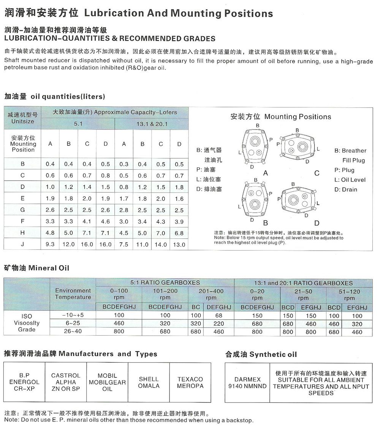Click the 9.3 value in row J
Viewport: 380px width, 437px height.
pyautogui.click(x=50, y=244)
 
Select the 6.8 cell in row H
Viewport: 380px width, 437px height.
pyautogui.click(x=179, y=233)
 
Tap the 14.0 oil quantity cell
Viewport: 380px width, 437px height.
pyautogui.click(x=161, y=245)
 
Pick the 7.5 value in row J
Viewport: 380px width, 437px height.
pyautogui.click(x=124, y=244)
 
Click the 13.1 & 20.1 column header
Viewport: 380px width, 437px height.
pyautogui.click(x=152, y=124)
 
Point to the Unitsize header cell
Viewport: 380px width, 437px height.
pyautogui.click(x=23, y=118)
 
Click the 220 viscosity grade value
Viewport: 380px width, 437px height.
pyautogui.click(x=218, y=324)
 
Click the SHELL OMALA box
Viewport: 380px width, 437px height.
pyautogui.click(x=149, y=382)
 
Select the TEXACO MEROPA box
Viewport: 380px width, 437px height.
pyautogui.click(x=190, y=382)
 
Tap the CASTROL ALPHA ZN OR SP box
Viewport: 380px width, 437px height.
pyautogui.click(x=66, y=382)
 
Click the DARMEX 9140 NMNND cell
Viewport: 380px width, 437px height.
pyautogui.click(x=247, y=383)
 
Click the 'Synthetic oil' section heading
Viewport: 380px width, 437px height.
pyautogui.click(x=261, y=355)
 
